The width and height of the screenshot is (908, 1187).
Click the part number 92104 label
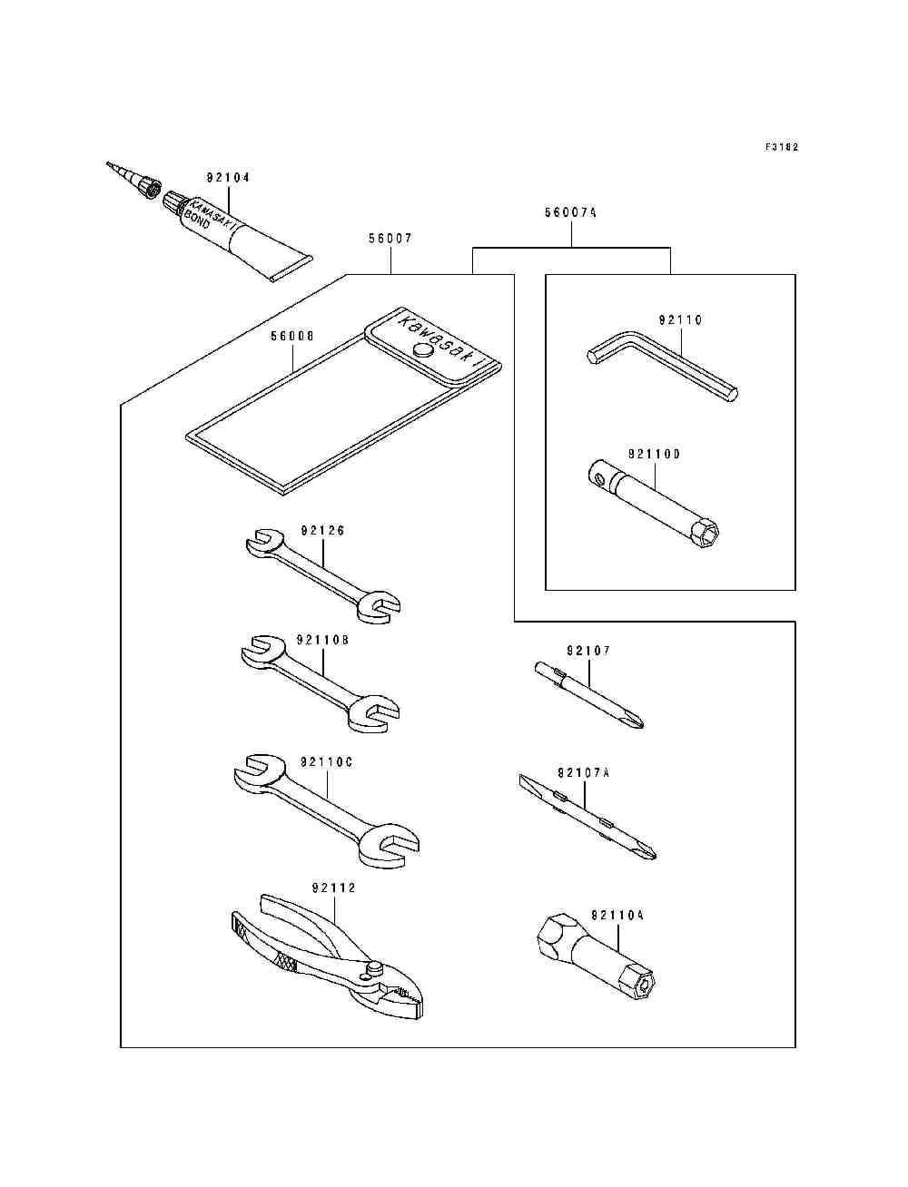(228, 177)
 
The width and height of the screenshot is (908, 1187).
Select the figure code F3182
(782, 146)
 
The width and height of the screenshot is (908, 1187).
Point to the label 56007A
(571, 213)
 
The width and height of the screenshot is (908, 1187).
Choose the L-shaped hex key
(663, 366)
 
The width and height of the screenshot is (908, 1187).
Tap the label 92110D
(655, 455)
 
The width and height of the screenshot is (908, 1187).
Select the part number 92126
(322, 531)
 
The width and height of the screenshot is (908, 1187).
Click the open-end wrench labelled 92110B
(321, 684)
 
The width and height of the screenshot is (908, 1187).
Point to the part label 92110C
(326, 762)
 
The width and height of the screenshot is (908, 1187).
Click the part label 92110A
(617, 916)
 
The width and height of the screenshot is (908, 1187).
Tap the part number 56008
(292, 337)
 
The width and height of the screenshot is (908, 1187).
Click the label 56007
(390, 239)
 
